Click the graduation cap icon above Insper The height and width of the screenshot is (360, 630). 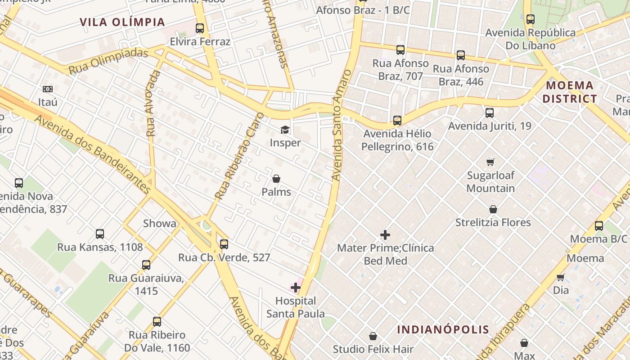click(285, 130)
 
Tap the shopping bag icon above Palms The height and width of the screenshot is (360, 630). click(276, 179)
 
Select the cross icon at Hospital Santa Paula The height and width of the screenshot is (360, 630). click(296, 288)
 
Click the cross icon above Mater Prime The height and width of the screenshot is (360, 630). click(385, 235)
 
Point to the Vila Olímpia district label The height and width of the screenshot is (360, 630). click(122, 22)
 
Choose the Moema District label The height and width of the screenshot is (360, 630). click(570, 92)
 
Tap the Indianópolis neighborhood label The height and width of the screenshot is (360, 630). click(443, 329)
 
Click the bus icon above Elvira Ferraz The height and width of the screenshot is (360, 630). click(200, 28)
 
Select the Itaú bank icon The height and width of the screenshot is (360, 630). click(48, 89)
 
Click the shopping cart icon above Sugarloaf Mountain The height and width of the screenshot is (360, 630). click(490, 162)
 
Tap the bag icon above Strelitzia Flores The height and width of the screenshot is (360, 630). click(493, 209)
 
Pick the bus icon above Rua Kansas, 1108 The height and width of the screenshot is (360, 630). click(100, 234)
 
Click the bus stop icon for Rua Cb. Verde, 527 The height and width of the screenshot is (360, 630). click(224, 244)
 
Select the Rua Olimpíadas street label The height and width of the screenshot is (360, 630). click(108, 62)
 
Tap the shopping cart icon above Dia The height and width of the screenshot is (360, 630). click(561, 277)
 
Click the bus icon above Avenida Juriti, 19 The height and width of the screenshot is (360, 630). click(490, 113)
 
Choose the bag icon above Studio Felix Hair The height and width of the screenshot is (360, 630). click(373, 336)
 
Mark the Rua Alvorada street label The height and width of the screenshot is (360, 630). click(153, 103)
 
